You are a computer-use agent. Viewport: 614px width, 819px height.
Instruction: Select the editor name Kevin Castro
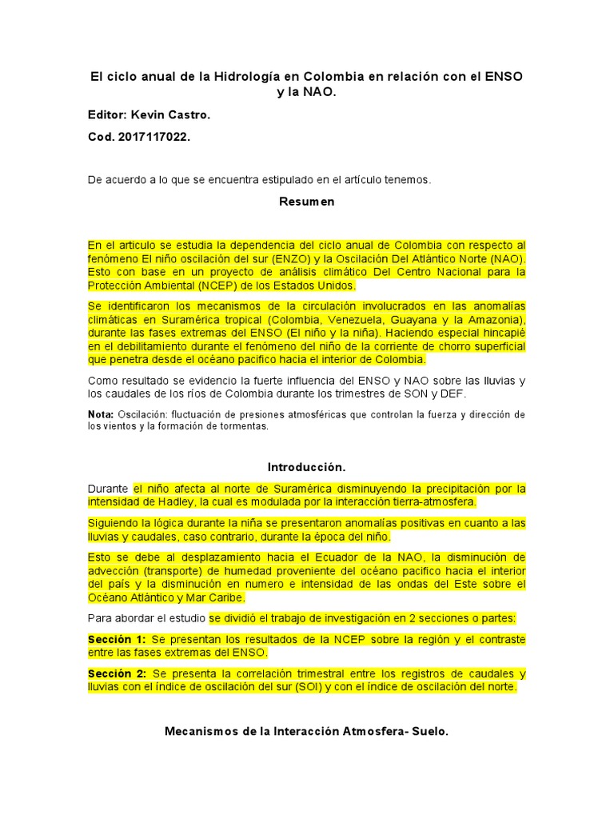point(176,115)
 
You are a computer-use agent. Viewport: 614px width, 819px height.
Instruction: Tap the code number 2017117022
point(153,137)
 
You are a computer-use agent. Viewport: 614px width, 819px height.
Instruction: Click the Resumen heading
point(306,202)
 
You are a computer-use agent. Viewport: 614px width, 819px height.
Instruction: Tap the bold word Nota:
point(101,414)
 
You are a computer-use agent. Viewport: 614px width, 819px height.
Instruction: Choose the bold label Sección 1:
point(117,639)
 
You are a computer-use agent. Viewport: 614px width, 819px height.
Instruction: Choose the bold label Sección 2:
point(117,673)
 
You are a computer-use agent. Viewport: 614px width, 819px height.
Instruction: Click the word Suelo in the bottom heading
point(429,731)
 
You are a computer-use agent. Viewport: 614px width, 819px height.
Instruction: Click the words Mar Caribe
point(215,597)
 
